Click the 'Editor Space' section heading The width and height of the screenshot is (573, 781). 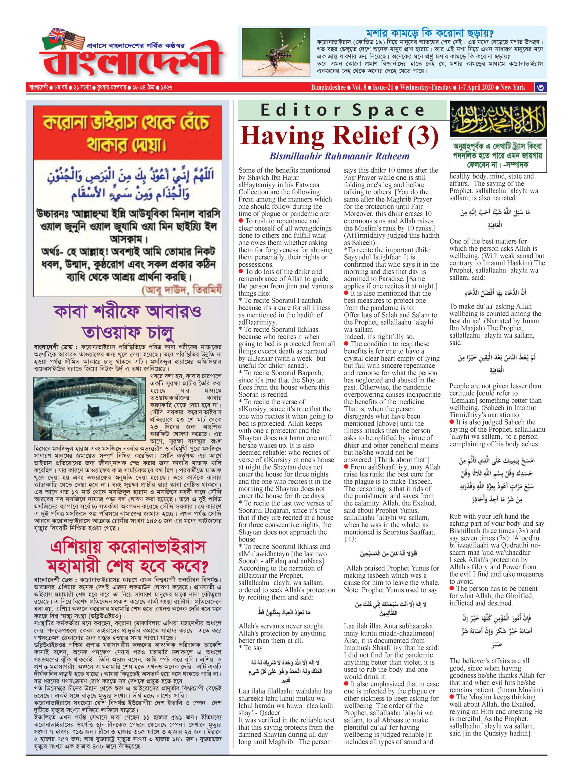(x=342, y=110)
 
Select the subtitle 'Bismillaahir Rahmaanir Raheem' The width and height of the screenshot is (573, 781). (x=339, y=156)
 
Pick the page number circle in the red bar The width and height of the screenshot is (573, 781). (x=540, y=88)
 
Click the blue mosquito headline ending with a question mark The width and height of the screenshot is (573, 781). (x=430, y=33)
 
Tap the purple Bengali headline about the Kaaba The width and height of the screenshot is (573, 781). (x=128, y=322)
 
